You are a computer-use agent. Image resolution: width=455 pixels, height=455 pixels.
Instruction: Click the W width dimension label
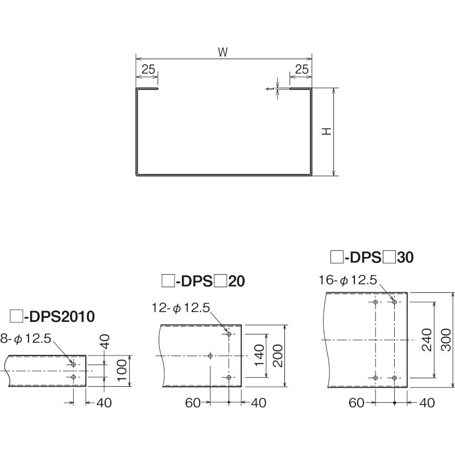pyautogui.click(x=223, y=52)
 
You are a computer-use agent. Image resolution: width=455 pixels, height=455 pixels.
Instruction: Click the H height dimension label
pyautogui.click(x=327, y=131)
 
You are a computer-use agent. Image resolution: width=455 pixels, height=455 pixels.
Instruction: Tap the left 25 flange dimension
pyautogui.click(x=148, y=69)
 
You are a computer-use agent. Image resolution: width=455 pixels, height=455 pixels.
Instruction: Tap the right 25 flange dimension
pyautogui.click(x=302, y=69)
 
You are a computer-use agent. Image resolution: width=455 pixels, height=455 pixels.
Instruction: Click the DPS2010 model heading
pyautogui.click(x=52, y=316)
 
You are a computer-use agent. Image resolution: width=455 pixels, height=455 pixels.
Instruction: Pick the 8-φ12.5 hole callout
pyautogui.click(x=26, y=338)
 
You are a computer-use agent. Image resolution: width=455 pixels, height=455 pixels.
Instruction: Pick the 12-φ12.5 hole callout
pyautogui.click(x=181, y=308)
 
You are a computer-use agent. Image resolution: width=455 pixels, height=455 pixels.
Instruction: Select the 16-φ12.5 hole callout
pyautogui.click(x=348, y=280)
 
